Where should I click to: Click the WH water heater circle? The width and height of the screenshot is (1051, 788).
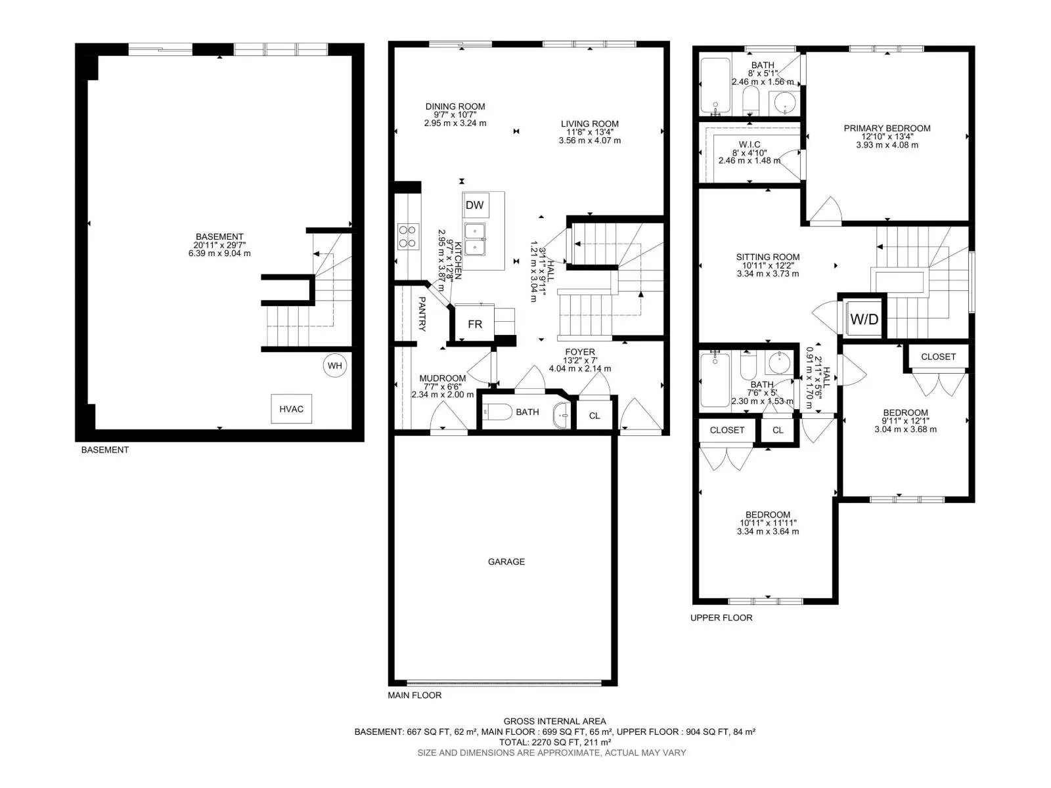tap(335, 366)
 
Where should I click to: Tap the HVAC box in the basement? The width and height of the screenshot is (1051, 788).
tap(291, 408)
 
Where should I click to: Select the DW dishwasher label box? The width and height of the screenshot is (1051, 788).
tap(474, 206)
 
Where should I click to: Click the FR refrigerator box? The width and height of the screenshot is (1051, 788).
tap(474, 324)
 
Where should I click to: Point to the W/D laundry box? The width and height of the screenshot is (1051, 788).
tap(863, 318)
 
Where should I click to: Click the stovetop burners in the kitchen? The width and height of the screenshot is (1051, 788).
tap(408, 236)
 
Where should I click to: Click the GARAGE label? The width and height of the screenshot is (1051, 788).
tap(506, 561)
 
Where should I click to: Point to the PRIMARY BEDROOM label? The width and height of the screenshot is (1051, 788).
tap(887, 128)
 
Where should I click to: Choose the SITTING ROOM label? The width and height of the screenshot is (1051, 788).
tap(767, 257)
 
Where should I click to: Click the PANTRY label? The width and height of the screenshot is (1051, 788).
tap(422, 314)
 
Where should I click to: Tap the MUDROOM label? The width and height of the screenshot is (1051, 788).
tap(443, 378)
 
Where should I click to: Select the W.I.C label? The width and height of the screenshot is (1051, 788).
tap(749, 144)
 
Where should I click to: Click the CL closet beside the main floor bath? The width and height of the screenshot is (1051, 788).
tap(594, 416)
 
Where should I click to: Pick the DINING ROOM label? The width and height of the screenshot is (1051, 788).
tap(455, 106)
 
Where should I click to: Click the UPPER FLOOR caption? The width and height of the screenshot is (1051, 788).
tap(721, 618)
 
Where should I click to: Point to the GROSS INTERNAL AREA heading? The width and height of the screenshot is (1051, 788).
tap(554, 721)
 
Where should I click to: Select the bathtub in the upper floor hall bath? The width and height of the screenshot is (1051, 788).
tap(715, 379)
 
